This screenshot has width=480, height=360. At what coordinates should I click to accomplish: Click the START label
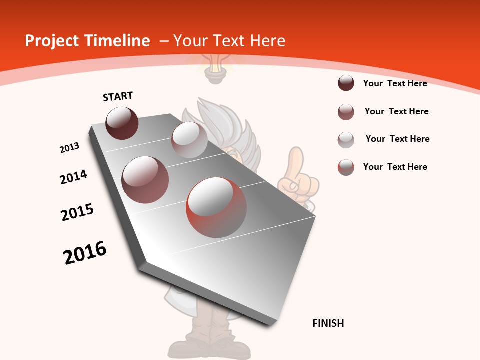coord(118,96)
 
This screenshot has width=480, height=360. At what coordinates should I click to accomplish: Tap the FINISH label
coord(328,323)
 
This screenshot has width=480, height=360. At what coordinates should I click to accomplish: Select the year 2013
coord(70,147)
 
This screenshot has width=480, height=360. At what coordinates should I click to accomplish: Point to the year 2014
coord(73,177)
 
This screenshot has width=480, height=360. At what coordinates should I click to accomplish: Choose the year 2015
coord(77,212)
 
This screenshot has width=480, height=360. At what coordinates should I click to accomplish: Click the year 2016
coord(85,253)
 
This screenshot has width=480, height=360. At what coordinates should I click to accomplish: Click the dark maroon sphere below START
coord(122,123)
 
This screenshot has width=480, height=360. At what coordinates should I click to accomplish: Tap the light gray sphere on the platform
coord(189,140)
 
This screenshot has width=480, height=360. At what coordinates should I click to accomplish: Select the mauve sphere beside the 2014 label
coord(145,180)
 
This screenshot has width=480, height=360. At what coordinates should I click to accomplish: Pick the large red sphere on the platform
coord(216,207)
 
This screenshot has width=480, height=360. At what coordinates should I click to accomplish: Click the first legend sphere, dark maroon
coord(346,83)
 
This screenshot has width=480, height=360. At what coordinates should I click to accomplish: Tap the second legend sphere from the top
coord(346,112)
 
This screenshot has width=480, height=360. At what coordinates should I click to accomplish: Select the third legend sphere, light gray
coord(346,139)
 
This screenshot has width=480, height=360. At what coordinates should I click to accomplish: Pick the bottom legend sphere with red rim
coord(346,167)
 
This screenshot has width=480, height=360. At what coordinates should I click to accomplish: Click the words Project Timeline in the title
coord(87,41)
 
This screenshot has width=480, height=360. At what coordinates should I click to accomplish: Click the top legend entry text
coord(395,83)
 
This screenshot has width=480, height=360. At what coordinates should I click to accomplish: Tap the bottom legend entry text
coord(395,167)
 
